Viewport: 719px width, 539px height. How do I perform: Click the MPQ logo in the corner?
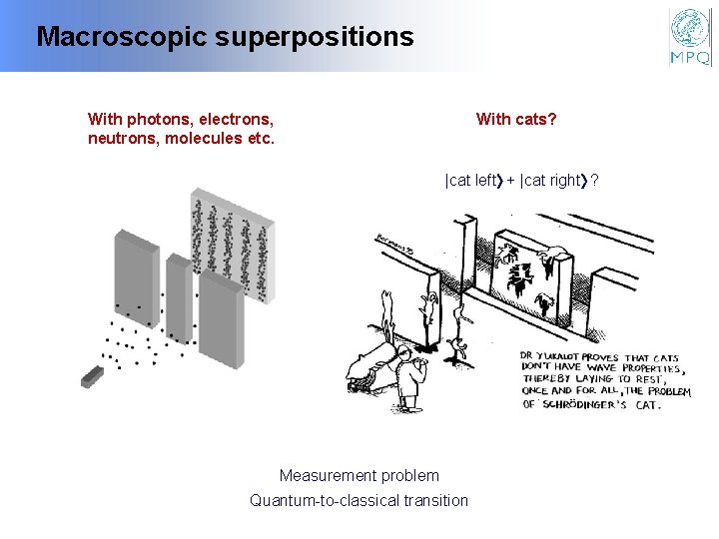[x=690, y=37]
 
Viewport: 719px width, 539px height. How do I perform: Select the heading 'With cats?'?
[x=516, y=120]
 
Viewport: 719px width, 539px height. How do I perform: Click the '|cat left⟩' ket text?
[x=472, y=181]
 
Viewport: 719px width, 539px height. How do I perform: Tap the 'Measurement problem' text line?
[x=359, y=475]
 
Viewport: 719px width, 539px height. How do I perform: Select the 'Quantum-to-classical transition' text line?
[x=359, y=500]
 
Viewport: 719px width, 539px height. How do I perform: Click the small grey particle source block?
[x=94, y=375]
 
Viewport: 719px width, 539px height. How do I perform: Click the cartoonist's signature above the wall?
[x=394, y=243]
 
